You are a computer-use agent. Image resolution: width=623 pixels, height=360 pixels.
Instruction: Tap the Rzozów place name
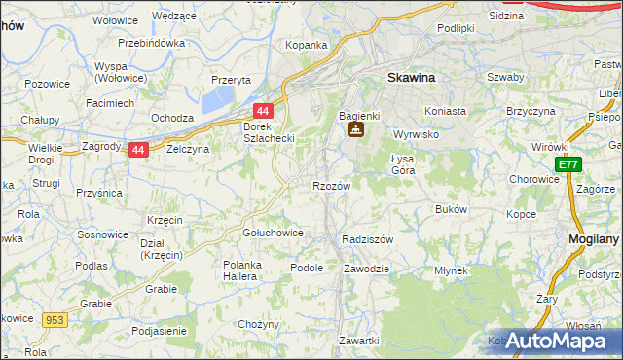click(x=331, y=185)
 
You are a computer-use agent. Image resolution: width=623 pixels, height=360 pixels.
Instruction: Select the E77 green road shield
click(x=568, y=166)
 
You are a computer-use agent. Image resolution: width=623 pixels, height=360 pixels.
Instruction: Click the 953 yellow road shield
click(x=54, y=319)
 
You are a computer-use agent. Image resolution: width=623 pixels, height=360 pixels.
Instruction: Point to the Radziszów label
click(x=368, y=239)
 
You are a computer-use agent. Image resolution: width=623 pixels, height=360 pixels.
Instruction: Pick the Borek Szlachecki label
click(x=269, y=132)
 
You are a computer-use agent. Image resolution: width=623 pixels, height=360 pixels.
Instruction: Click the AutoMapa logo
click(x=555, y=340)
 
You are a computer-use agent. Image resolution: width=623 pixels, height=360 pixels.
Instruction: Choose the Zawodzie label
click(x=367, y=268)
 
